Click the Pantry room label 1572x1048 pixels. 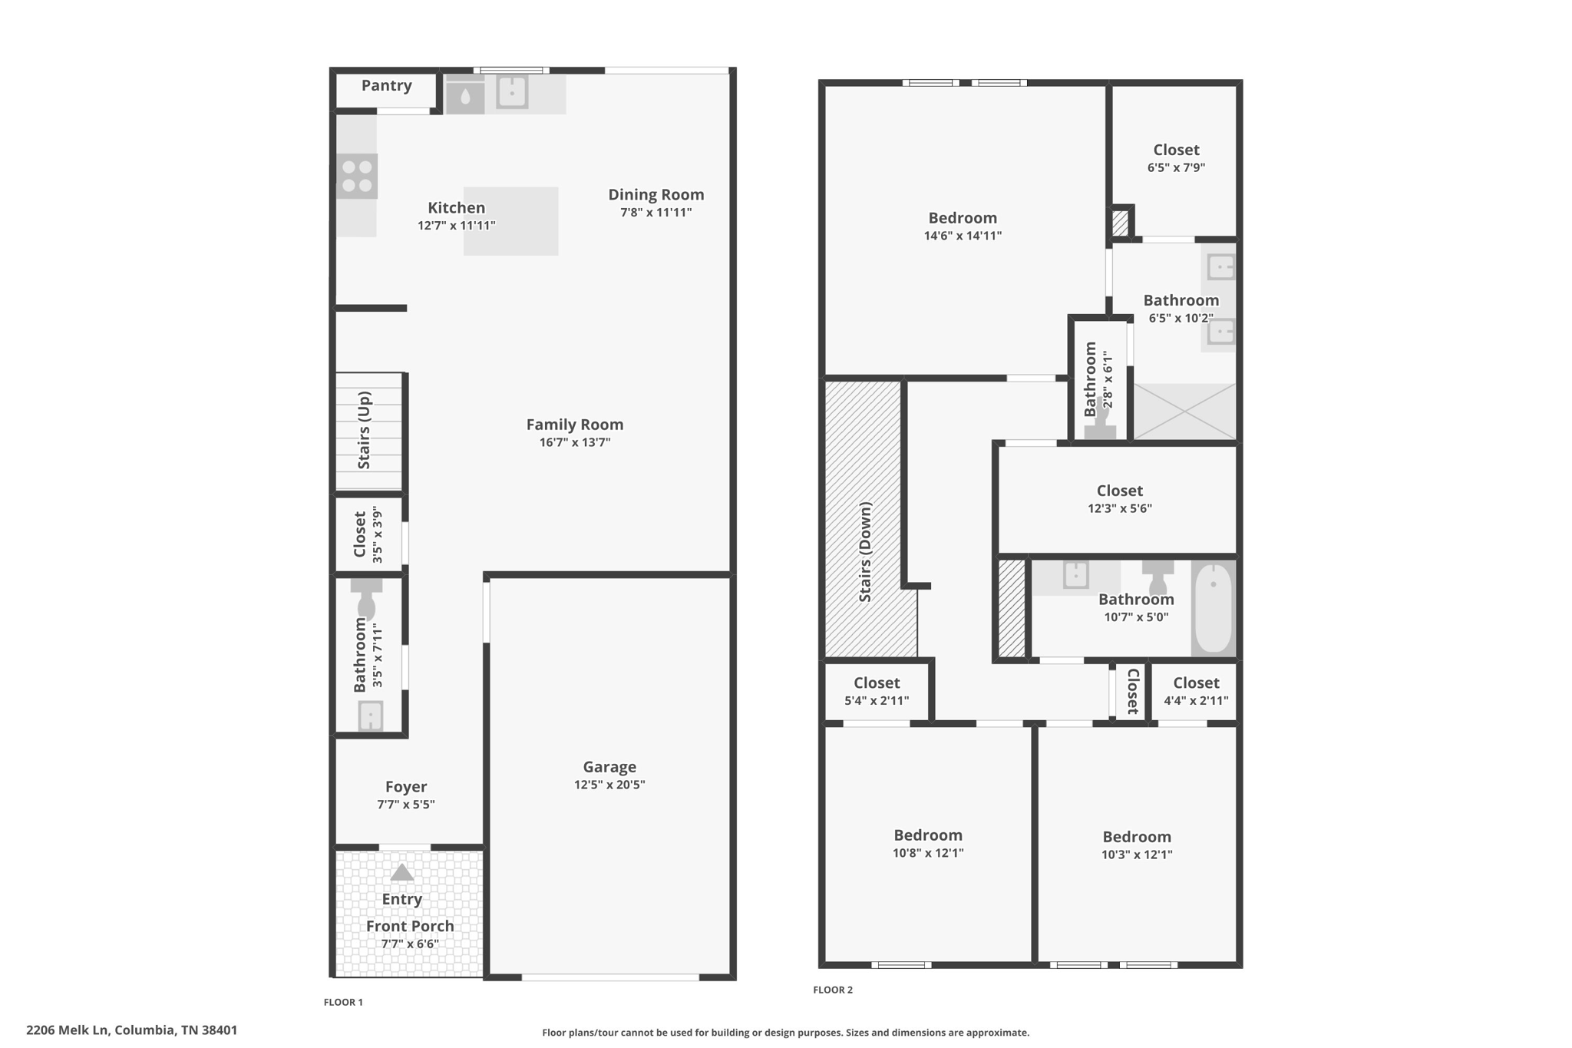(387, 85)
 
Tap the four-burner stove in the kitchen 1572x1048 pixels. (357, 177)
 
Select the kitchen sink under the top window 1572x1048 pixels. (512, 92)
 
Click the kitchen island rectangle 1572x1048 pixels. (510, 221)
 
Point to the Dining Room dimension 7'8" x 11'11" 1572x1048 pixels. (656, 213)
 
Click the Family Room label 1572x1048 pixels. (575, 425)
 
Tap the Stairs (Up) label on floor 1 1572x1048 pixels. (364, 431)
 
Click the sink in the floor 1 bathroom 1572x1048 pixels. (370, 716)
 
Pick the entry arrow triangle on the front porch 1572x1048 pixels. (401, 872)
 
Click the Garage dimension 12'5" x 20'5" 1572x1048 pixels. (609, 785)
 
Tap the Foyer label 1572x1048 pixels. (406, 787)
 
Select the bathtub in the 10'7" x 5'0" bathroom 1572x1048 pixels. (1214, 608)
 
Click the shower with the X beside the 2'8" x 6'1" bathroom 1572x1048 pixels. (1184, 412)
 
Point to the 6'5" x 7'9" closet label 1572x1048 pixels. (1176, 159)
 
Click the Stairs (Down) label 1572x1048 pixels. (865, 552)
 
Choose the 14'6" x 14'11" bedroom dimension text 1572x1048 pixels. (963, 236)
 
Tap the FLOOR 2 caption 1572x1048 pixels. (833, 990)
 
